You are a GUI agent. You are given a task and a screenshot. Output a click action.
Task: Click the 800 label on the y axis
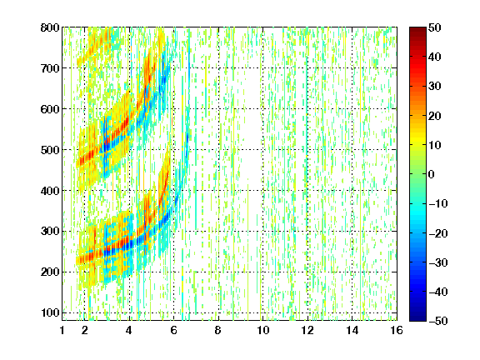tap(50, 27)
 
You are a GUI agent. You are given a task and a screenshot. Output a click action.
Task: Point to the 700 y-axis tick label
tap(50, 68)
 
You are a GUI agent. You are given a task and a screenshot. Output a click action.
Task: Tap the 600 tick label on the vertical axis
tap(50, 109)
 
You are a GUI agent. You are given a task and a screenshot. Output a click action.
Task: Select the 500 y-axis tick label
tap(50, 150)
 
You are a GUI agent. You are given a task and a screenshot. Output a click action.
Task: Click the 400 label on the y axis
tap(50, 191)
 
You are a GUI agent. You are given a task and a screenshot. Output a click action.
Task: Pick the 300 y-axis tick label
tap(50, 231)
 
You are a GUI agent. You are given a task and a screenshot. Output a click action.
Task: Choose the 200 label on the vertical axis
tap(50, 272)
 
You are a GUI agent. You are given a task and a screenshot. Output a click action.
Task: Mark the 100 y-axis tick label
tap(50, 312)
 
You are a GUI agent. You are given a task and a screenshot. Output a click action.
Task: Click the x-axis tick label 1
tap(62, 330)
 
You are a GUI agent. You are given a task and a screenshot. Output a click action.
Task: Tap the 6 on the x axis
tap(174, 330)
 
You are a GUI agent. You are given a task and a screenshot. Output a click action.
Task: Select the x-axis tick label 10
tap(263, 330)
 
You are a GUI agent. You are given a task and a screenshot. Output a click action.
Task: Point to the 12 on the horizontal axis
tap(307, 330)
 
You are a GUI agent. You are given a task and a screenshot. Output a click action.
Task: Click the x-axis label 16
tap(397, 330)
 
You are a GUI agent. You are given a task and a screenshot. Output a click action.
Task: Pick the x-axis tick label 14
tap(352, 330)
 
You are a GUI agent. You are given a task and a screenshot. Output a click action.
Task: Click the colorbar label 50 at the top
tap(435, 27)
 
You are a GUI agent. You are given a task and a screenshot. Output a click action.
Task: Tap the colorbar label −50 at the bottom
tap(438, 321)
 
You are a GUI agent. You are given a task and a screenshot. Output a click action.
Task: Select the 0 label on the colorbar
tap(432, 174)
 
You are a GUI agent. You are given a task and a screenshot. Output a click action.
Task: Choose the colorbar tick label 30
tap(435, 86)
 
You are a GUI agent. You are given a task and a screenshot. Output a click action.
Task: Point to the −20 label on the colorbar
tap(438, 233)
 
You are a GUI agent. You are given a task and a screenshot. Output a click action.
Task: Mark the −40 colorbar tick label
tap(438, 292)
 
